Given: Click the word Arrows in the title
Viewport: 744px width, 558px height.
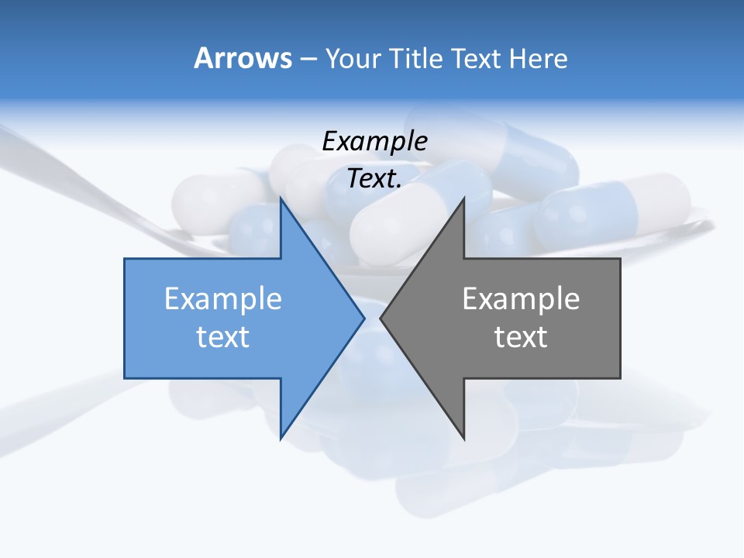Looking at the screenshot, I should click(243, 58).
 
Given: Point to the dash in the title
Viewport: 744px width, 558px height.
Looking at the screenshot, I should click(308, 59).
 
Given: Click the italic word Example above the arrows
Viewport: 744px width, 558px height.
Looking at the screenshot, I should click(374, 141).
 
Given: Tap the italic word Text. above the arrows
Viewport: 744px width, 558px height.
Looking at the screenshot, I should click(374, 178).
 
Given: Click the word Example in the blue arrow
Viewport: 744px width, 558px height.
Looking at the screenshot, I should click(222, 298).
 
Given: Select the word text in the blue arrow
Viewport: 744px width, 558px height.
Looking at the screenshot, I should click(222, 336).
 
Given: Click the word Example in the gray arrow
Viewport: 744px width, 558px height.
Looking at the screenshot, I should click(521, 298).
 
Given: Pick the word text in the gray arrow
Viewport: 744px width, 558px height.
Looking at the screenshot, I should click(521, 336).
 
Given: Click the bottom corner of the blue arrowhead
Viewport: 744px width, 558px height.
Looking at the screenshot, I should click(281, 438).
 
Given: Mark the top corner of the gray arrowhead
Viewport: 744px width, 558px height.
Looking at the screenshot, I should click(463, 198).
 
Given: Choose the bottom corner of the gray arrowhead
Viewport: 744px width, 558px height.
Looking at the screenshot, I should click(463, 438).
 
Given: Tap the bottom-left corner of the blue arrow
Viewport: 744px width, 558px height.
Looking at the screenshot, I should click(126, 377).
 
